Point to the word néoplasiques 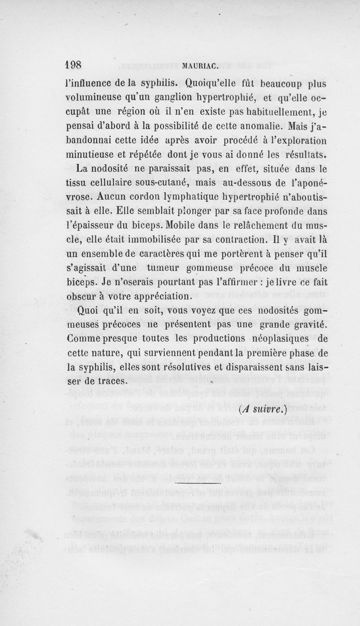point(275,338)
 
